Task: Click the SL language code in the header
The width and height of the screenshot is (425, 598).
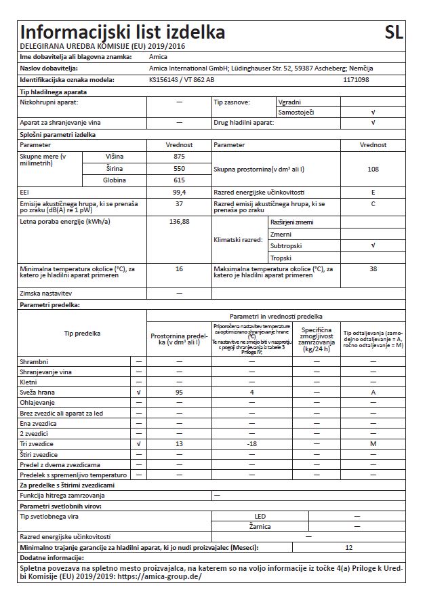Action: point(393,33)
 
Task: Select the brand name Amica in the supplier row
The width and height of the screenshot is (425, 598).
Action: point(158,58)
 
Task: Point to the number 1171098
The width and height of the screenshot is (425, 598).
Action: point(357,79)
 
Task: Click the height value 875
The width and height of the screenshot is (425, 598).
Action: point(180,156)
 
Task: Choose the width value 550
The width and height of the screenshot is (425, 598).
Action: point(180,167)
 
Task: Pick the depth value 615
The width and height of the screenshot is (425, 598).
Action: point(180,180)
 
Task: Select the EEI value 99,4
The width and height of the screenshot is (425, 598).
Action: point(180,193)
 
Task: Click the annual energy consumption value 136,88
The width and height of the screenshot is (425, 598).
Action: point(180,221)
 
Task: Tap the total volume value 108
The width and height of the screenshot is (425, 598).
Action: point(373,168)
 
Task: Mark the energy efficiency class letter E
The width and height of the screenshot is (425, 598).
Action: point(373,193)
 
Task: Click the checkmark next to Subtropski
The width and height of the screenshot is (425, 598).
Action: point(373,245)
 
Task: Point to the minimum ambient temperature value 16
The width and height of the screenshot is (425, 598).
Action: point(180,269)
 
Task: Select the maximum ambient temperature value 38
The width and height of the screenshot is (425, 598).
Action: point(373,269)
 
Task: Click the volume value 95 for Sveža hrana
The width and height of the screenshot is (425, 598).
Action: point(180,392)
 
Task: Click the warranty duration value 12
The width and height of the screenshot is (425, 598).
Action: point(349,546)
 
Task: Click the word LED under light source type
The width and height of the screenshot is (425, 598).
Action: point(260,516)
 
